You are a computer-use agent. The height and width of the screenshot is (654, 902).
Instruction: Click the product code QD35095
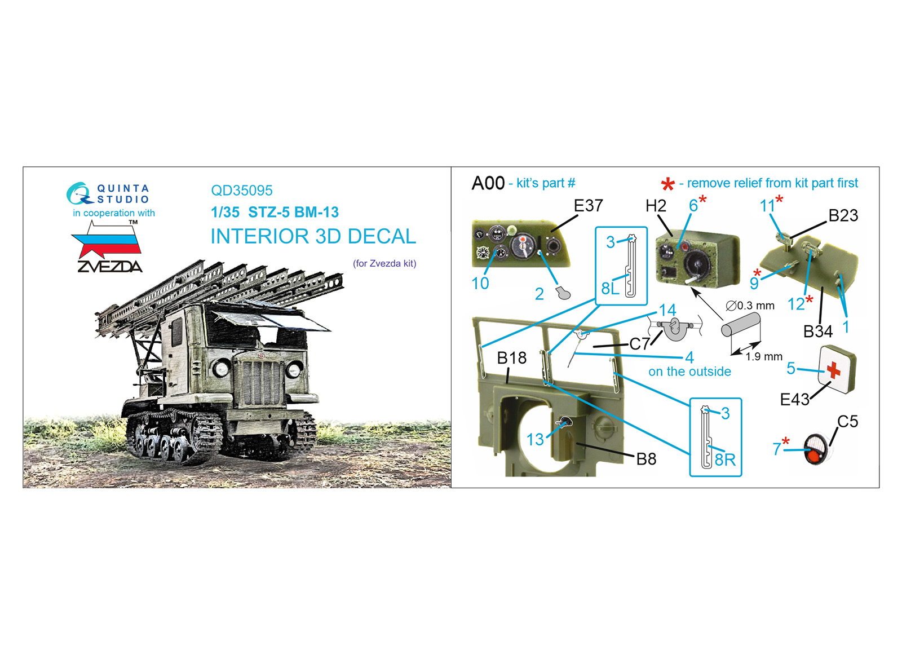(242, 191)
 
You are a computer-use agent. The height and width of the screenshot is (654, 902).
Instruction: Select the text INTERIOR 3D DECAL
(313, 236)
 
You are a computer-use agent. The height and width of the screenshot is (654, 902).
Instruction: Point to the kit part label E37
(588, 206)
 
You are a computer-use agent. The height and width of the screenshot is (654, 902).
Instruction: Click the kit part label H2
(656, 206)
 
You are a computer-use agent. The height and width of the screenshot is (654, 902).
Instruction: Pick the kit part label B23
(843, 216)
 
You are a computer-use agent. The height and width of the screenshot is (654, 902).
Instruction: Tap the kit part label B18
(511, 357)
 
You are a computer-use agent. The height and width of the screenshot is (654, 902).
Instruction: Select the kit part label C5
(848, 422)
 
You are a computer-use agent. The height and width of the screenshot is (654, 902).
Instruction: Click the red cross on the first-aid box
(833, 370)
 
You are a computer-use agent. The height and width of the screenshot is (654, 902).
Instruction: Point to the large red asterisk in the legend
(667, 184)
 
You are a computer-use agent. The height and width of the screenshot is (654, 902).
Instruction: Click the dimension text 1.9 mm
(764, 356)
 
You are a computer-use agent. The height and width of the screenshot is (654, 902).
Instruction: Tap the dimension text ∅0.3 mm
(750, 306)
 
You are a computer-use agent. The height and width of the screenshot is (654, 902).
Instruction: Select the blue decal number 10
(480, 284)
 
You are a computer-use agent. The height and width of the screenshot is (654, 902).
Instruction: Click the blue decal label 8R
(725, 460)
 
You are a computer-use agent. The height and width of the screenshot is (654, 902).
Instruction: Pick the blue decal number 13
(535, 440)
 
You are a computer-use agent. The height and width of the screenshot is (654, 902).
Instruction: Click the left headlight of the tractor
(221, 368)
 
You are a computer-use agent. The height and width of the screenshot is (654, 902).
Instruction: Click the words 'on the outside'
(689, 372)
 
